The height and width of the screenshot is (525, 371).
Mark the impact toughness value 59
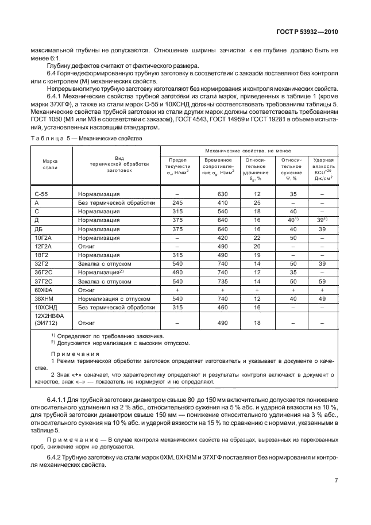point(322,282)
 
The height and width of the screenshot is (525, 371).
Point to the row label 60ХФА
point(45,290)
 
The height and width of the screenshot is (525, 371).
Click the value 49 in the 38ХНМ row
point(322,299)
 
